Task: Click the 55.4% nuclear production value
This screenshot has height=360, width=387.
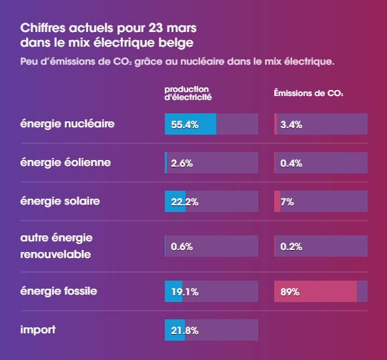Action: click(x=185, y=125)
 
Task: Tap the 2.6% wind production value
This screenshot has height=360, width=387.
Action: click(x=182, y=163)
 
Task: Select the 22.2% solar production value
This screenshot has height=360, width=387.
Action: click(x=185, y=201)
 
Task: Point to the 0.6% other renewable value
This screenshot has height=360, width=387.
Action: click(x=182, y=247)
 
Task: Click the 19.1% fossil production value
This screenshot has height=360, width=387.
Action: click(x=184, y=292)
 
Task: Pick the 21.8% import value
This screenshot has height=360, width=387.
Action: click(x=185, y=331)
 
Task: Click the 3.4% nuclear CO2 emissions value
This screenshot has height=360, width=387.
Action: click(x=292, y=125)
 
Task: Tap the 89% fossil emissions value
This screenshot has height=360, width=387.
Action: click(x=290, y=292)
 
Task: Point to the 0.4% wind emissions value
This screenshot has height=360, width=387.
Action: click(x=292, y=163)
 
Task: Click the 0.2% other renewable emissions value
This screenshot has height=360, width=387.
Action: click(x=292, y=247)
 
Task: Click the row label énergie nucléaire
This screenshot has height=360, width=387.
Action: click(x=67, y=124)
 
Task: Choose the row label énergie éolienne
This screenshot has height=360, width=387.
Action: click(x=65, y=162)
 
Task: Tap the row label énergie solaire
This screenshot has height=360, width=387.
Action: click(x=60, y=201)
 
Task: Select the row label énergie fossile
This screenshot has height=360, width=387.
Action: click(x=59, y=291)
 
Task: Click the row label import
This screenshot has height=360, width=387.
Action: click(x=38, y=330)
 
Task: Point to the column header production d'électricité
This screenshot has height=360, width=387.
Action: click(x=188, y=93)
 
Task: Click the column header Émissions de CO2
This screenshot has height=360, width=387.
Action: click(x=308, y=93)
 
